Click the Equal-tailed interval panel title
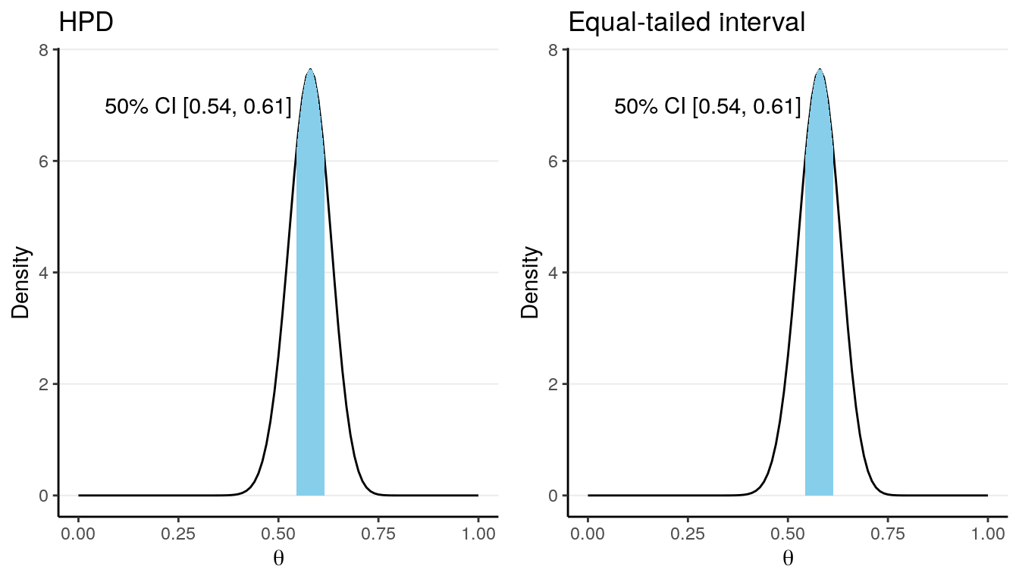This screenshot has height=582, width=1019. point(686,23)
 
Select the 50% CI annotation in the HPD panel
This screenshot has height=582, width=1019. point(198,108)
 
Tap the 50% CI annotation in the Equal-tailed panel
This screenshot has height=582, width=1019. point(707,108)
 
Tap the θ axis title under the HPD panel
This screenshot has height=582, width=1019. point(278,560)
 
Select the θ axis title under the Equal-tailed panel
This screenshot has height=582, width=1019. point(788,560)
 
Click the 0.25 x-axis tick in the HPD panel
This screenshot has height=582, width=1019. point(178,533)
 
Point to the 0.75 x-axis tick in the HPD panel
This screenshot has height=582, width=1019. point(378,533)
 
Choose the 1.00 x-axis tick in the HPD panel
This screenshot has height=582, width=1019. point(478,533)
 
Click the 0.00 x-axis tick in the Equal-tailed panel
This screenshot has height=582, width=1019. point(588,533)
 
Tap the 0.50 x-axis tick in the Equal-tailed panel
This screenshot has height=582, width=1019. point(788,533)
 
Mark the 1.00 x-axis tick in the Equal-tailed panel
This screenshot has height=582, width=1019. point(987,533)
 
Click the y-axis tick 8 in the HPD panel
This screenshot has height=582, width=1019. point(43,50)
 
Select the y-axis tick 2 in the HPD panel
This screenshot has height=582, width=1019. point(43,384)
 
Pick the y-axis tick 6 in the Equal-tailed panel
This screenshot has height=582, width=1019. point(553,161)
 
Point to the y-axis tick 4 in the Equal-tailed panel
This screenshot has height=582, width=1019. point(553,273)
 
